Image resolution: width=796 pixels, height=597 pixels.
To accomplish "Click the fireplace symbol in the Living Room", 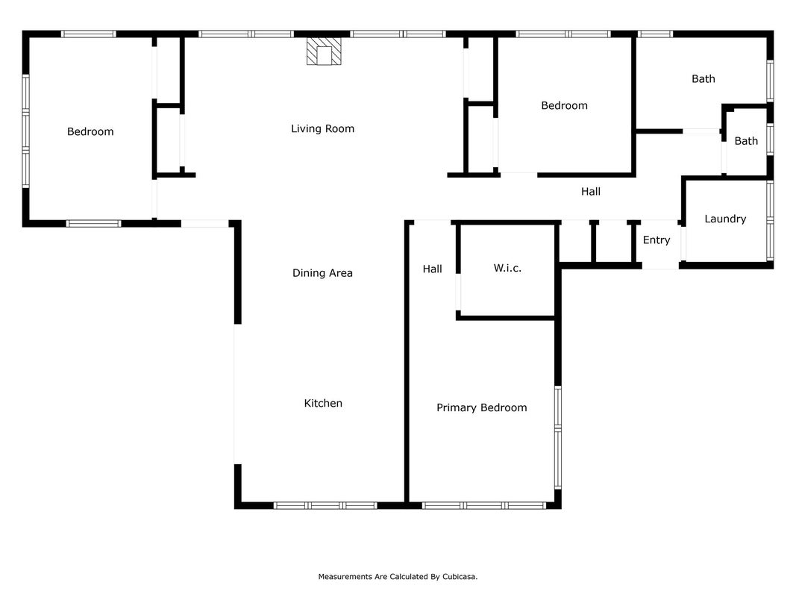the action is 324,51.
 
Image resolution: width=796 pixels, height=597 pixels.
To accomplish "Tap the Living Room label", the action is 322,129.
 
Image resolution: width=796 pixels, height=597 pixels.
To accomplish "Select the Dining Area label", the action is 322,273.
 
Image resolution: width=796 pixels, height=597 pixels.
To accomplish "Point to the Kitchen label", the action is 323,403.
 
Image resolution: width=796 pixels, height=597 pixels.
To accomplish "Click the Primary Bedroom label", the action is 482,407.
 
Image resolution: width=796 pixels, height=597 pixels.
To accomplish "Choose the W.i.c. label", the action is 507,268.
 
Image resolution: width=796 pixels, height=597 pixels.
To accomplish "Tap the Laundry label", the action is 725,219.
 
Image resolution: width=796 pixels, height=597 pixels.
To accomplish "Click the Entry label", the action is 656,240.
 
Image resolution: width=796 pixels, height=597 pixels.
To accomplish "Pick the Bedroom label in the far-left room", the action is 90,132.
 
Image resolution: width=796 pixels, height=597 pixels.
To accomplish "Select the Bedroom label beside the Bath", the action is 564,105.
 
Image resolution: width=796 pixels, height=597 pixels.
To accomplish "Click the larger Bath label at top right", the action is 703,78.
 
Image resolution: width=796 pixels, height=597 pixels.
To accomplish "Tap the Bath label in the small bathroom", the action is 746,141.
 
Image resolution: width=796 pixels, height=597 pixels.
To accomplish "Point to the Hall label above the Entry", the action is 590,191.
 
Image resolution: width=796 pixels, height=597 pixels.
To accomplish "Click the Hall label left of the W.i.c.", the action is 432,269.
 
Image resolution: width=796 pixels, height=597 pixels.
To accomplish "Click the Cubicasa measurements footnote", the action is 398,577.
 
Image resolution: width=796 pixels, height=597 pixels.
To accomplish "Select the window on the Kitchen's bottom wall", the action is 325,506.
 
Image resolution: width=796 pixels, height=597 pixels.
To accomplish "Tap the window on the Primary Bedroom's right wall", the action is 558,437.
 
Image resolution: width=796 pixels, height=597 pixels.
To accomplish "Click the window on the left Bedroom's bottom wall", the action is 94,223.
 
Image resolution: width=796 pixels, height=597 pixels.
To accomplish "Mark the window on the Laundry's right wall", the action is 770,221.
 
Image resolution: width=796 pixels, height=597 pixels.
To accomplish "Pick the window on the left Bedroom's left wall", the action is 25,131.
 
